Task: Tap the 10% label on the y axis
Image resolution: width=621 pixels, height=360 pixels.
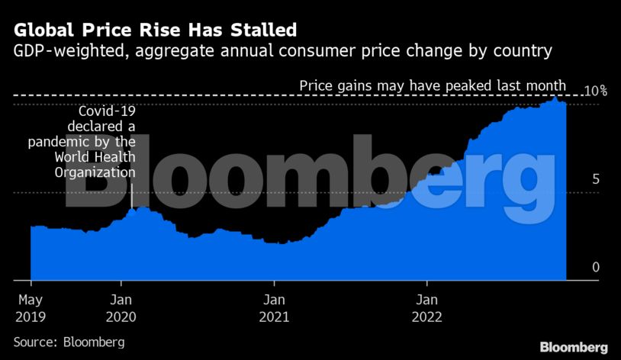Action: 594,92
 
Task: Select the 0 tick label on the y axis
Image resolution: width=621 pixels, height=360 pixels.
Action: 597,267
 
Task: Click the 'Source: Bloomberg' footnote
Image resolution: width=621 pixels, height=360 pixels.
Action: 69,342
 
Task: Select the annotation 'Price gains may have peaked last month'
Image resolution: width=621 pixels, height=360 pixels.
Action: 433,85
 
